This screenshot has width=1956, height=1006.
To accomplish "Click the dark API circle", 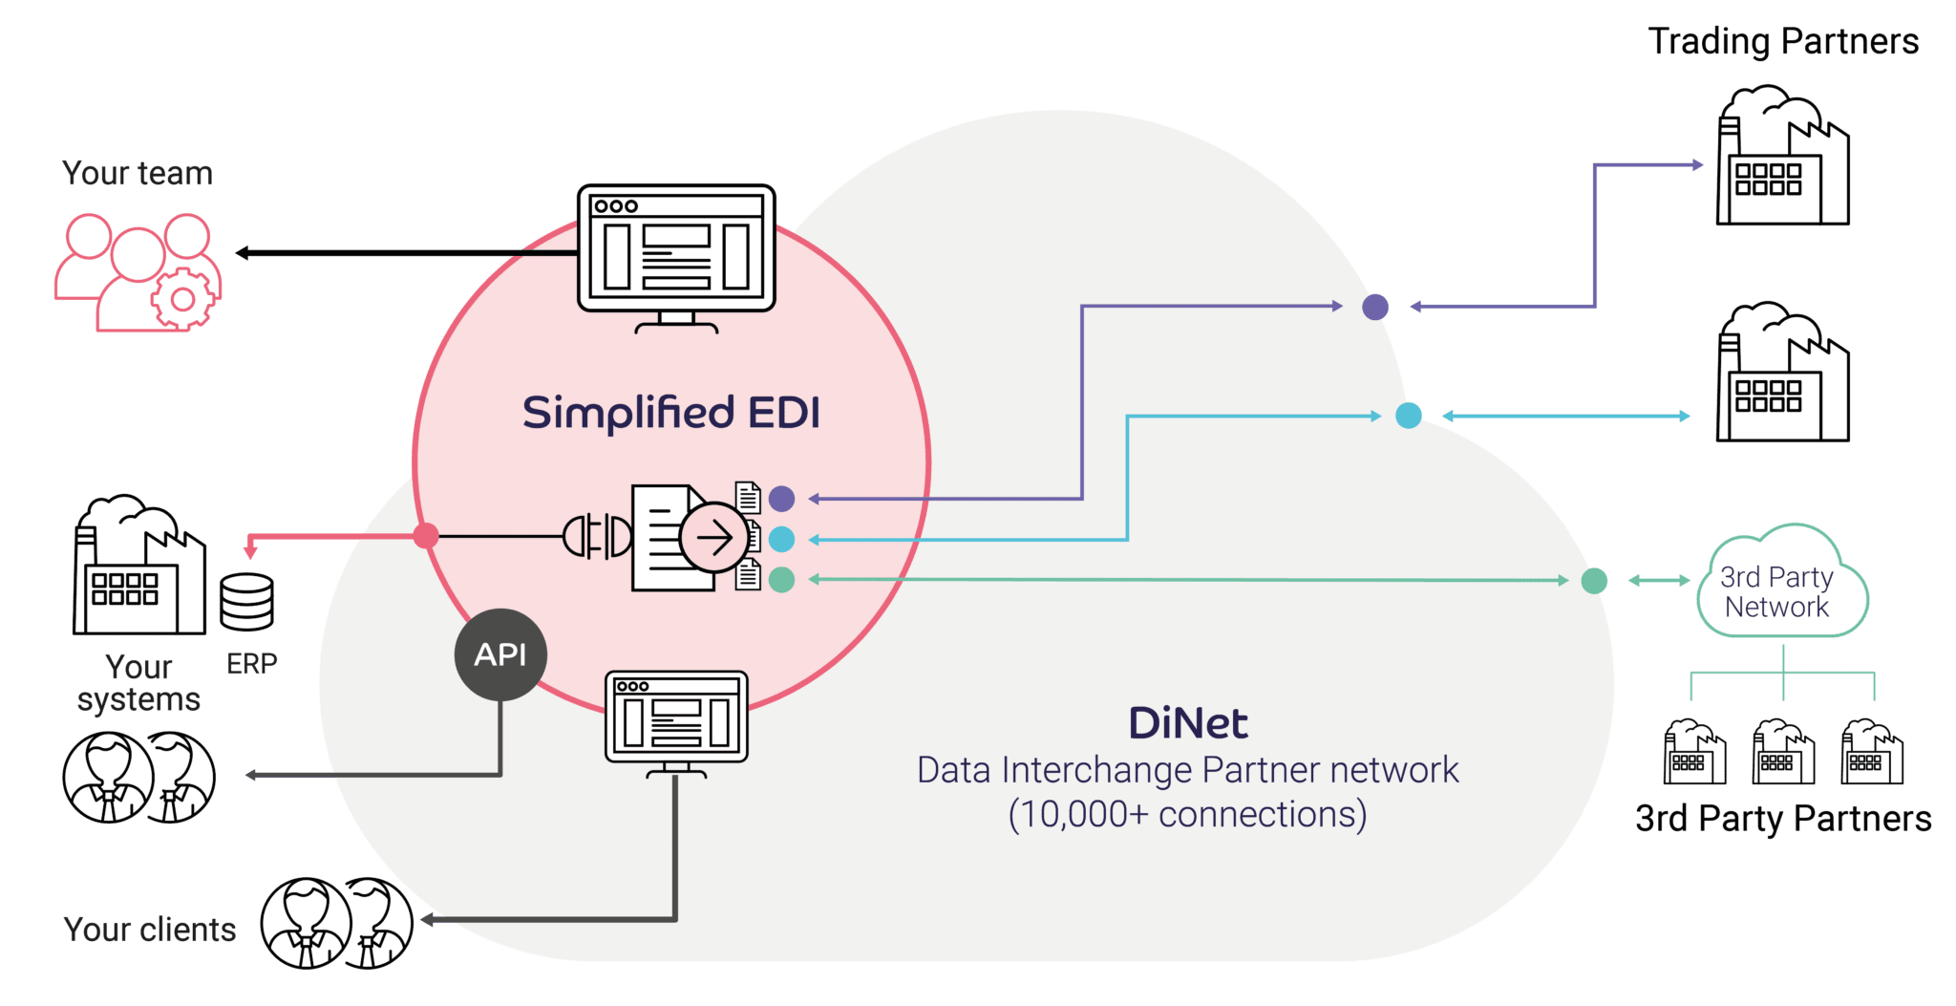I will [x=500, y=654].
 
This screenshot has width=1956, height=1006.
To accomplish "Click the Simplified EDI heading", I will [x=670, y=413].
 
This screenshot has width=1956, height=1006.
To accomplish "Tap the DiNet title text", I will [x=1187, y=723].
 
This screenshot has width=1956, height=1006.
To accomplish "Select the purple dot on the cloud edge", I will [x=1374, y=307].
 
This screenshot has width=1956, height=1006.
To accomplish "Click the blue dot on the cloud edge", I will [x=1408, y=416].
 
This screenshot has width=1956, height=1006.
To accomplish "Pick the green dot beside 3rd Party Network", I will [x=1594, y=580].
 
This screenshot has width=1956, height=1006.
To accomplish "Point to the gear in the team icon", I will [x=182, y=300].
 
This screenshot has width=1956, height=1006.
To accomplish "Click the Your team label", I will [x=138, y=173].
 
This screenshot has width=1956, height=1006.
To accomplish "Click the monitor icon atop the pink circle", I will [x=676, y=254].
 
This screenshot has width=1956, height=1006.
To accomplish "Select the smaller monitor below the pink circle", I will [x=676, y=720].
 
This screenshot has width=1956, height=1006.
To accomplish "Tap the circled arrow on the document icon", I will [x=713, y=538].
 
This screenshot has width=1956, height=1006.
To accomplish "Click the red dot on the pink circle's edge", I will [x=426, y=536].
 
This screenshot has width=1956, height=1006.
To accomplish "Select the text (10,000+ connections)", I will [x=1187, y=814].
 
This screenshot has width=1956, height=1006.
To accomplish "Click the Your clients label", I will [x=150, y=930].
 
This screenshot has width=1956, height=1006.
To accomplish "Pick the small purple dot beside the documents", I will [x=781, y=498].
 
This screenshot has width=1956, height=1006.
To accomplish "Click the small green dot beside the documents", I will [x=781, y=580].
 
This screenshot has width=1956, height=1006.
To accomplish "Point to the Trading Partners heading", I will [x=1784, y=42].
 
